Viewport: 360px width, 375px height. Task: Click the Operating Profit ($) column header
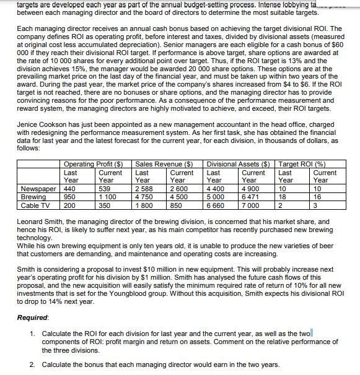pyautogui.click(x=94, y=163)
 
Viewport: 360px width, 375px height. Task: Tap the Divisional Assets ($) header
pyautogui.click(x=240, y=163)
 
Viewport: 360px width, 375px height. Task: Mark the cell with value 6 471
pyautogui.click(x=252, y=196)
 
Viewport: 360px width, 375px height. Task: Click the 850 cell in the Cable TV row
pyautogui.click(x=177, y=204)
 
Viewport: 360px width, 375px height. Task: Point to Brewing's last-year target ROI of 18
pyautogui.click(x=283, y=196)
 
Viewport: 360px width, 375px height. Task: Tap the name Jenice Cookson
pyautogui.click(x=40, y=124)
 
